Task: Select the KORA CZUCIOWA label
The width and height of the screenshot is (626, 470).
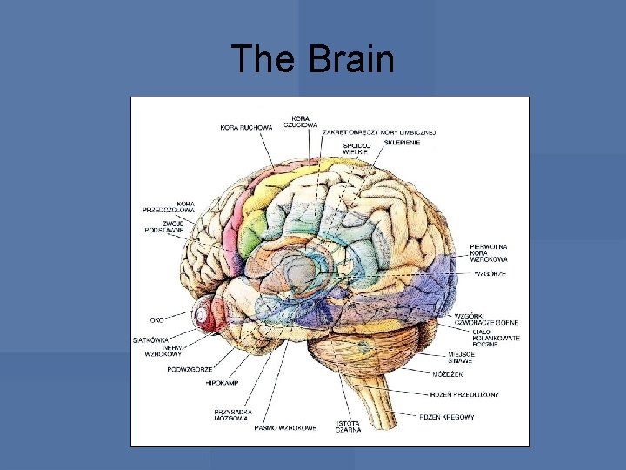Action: pyautogui.click(x=301, y=121)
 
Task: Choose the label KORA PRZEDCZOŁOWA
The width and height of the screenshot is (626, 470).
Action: pyautogui.click(x=169, y=207)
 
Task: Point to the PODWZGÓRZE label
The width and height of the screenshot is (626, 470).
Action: pyautogui.click(x=190, y=369)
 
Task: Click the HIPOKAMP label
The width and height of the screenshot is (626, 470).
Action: pyautogui.click(x=222, y=383)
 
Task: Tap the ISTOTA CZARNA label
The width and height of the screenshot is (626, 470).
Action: pyautogui.click(x=349, y=426)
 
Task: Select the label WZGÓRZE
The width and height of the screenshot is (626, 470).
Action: pyautogui.click(x=489, y=273)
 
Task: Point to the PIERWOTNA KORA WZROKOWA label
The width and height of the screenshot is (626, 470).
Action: pyautogui.click(x=488, y=253)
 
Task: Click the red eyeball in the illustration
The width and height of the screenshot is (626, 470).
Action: pyautogui.click(x=207, y=313)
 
